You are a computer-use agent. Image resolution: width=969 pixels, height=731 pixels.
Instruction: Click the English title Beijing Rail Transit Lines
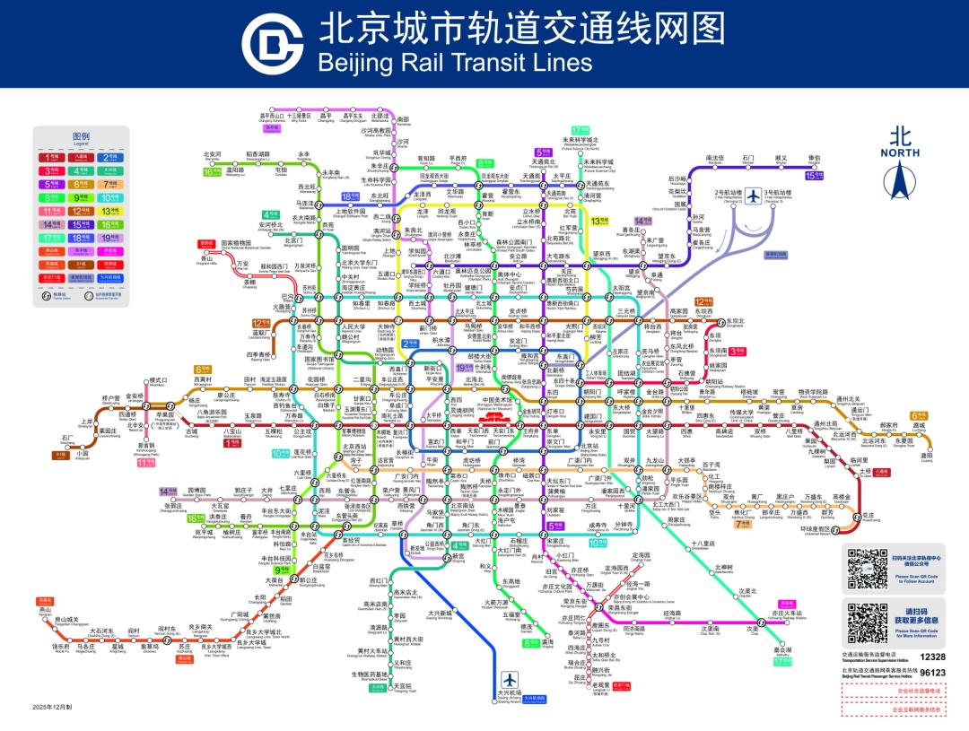(x=455, y=62)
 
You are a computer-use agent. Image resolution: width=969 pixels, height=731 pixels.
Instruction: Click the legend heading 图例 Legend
(x=81, y=139)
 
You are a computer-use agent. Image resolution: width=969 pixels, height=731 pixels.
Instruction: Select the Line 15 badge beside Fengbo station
(x=814, y=176)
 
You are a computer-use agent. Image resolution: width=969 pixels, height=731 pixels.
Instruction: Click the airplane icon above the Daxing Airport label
(x=511, y=678)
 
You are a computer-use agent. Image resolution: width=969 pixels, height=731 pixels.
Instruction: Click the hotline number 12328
(x=933, y=657)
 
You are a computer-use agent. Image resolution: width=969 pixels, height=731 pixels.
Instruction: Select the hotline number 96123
(x=933, y=672)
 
